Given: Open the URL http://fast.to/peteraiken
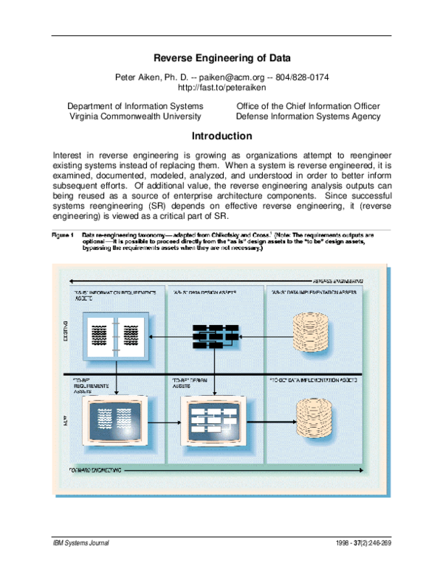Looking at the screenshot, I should click(x=221, y=88).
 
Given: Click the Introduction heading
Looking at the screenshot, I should click(x=221, y=136).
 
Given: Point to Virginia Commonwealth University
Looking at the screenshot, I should click(x=135, y=116).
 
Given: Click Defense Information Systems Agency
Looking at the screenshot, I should click(x=308, y=116).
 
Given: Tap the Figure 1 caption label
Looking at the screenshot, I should click(x=63, y=235).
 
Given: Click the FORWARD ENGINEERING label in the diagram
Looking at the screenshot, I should click(x=97, y=470).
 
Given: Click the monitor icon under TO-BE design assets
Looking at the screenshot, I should click(x=211, y=423).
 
